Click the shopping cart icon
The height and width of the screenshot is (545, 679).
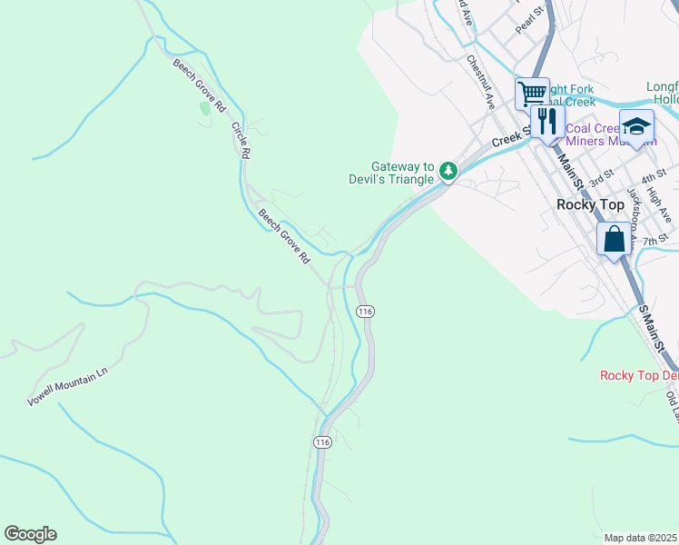coord(532,93)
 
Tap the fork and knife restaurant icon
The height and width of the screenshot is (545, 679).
coord(547,121)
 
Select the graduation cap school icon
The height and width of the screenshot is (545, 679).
coord(636,126)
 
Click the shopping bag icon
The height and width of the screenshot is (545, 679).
coord(614,240)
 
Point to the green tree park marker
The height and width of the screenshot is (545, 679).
coord(448,170)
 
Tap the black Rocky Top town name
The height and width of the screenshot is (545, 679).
coord(589,204)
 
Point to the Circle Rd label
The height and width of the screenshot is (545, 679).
coord(240,141)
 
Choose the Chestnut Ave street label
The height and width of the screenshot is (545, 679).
coord(480,81)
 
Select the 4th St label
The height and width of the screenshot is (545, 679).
coord(653,173)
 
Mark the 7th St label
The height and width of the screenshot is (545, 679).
coord(654,240)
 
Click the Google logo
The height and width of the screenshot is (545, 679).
coord(30,534)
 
